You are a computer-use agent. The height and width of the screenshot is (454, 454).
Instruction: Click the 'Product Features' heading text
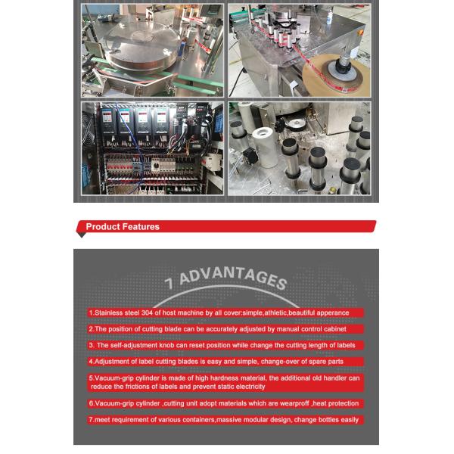click(123, 226)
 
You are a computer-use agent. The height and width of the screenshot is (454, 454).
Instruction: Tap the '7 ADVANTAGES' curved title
click(225, 278)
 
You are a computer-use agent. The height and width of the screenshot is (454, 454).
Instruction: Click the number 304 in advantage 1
click(147, 313)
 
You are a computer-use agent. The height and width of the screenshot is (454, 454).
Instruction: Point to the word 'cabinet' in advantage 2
click(334, 329)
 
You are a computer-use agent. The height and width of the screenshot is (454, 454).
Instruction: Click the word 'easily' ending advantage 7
click(350, 420)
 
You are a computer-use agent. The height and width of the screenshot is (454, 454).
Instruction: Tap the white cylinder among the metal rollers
click(265, 148)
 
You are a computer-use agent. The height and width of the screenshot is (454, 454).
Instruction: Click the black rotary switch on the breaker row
click(155, 166)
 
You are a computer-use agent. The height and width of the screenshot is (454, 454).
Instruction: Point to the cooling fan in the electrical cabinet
click(87, 127)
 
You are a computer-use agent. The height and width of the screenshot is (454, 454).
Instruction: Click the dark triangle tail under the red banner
click(82, 235)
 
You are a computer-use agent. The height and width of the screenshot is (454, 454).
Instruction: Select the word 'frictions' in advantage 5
click(138, 387)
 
